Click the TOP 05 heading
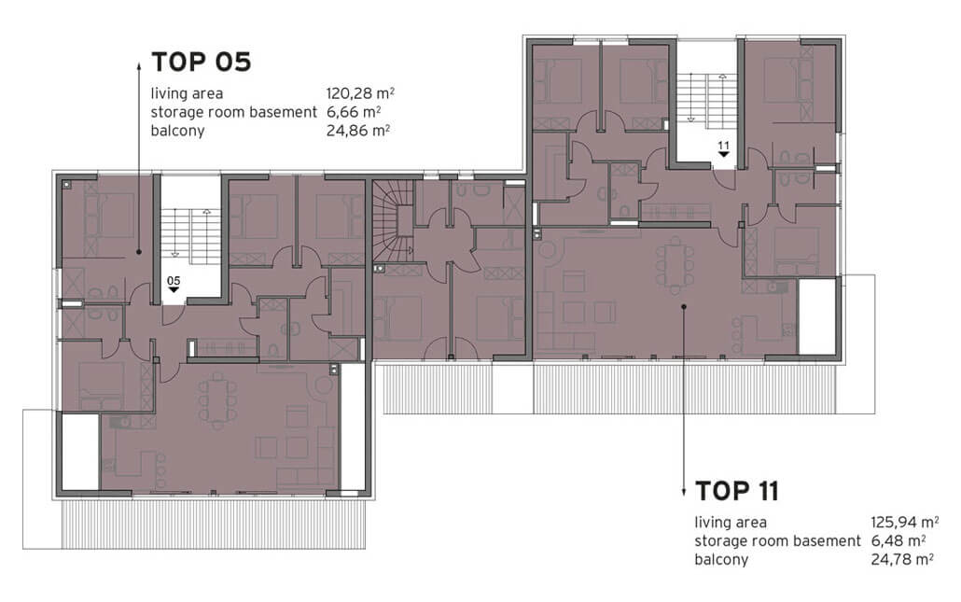click(x=201, y=62)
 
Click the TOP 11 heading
click(x=737, y=491)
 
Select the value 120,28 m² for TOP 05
click(x=360, y=93)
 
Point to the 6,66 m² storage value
click(x=354, y=112)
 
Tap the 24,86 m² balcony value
click(x=358, y=131)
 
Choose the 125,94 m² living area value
click(x=905, y=523)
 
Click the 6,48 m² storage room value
click(x=898, y=540)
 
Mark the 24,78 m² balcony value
click(x=902, y=559)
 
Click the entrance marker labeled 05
click(x=174, y=284)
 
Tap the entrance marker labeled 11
click(x=724, y=149)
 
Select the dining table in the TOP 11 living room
click(x=675, y=265)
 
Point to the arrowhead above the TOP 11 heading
click(x=683, y=492)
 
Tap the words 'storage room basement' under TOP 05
click(x=233, y=112)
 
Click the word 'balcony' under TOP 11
click(x=721, y=560)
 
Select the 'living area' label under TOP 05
click(x=187, y=93)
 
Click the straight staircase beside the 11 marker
click(x=706, y=98)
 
